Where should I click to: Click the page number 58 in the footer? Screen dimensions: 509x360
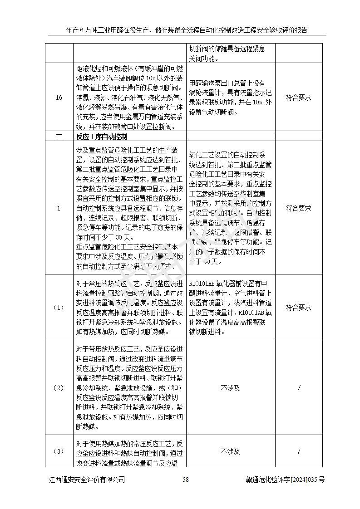tap(185, 480)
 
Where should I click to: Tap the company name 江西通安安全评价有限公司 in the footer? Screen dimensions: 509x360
tap(87, 480)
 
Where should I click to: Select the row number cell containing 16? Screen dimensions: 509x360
tap(59, 97)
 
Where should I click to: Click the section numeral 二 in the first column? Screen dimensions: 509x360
tap(59, 136)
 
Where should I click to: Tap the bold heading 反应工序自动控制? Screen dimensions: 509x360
tap(101, 136)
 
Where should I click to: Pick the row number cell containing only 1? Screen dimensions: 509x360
tap(59, 208)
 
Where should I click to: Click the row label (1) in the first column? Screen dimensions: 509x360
tap(59, 307)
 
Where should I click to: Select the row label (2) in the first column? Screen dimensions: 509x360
tap(59, 388)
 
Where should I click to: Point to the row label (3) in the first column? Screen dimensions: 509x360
tap(59, 451)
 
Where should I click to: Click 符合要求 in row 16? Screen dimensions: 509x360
tap(298, 97)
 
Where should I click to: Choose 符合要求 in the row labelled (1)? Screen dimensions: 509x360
tap(298, 307)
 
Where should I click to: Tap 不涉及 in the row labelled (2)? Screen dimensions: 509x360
tap(230, 388)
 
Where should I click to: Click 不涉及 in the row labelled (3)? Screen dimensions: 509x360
tap(230, 451)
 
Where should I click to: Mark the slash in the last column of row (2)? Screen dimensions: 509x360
tap(299, 388)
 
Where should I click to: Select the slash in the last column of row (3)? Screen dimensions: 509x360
tap(299, 451)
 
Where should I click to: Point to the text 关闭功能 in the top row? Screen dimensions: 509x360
tap(203, 58)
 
